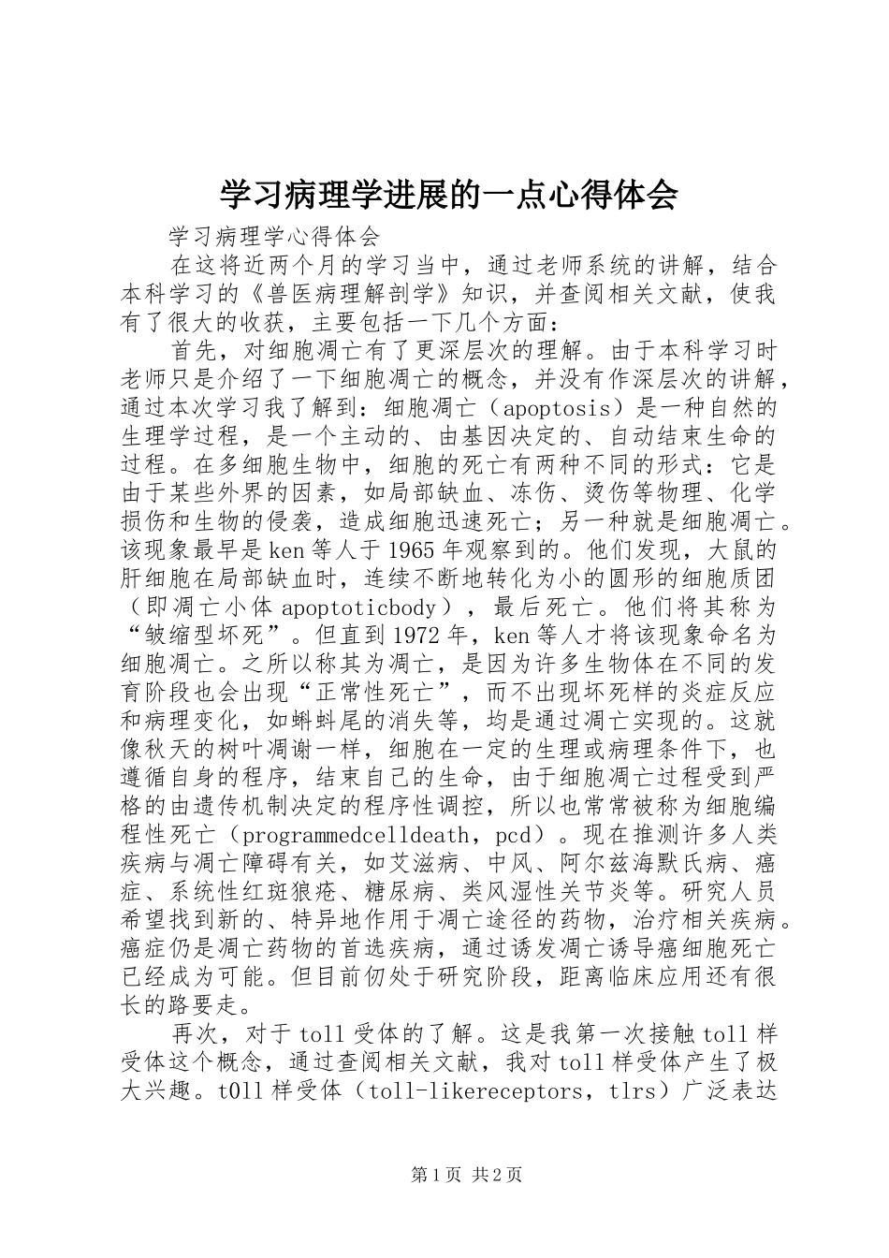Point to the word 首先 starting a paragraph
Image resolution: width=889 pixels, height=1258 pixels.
(193, 351)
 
